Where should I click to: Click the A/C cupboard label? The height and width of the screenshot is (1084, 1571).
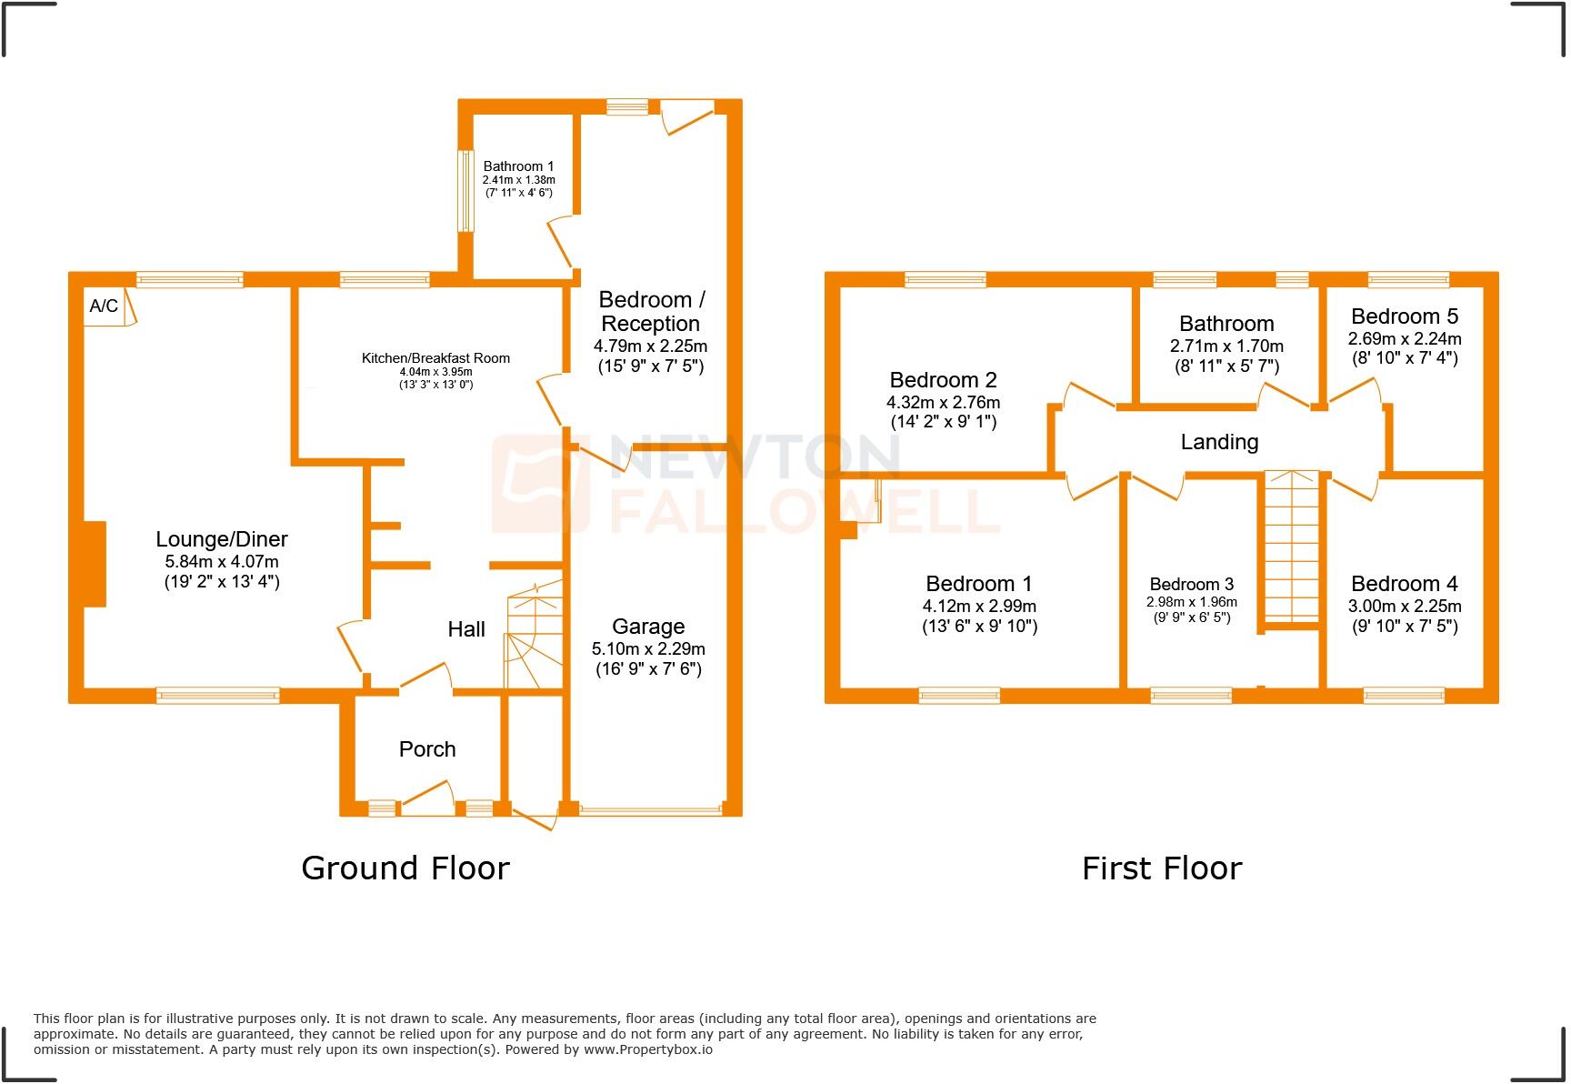[104, 306]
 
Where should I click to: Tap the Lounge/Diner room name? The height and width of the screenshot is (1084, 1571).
[222, 539]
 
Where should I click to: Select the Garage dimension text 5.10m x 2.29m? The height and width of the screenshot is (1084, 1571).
[648, 649]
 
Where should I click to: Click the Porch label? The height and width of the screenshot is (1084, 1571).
[427, 749]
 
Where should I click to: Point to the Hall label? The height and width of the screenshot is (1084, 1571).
[466, 629]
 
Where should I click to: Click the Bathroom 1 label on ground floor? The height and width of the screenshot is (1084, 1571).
[518, 166]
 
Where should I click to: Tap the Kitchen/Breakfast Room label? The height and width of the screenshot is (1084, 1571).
[435, 358]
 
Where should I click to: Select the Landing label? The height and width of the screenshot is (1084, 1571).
[1219, 443]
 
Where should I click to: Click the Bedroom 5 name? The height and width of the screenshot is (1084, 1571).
[1405, 316]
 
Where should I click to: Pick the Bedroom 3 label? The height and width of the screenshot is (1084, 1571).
[1191, 585]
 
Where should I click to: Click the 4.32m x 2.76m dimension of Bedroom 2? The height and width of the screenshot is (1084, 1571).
[943, 402]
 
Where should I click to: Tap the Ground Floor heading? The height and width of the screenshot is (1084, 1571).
[405, 868]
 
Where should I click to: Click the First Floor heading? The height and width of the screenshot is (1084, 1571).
[1161, 868]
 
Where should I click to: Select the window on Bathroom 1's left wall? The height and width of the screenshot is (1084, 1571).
[465, 190]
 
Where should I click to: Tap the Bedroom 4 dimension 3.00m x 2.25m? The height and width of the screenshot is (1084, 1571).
[1405, 607]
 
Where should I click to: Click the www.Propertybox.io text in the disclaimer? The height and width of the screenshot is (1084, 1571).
[648, 1049]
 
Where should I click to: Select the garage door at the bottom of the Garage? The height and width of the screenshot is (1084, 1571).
[650, 808]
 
